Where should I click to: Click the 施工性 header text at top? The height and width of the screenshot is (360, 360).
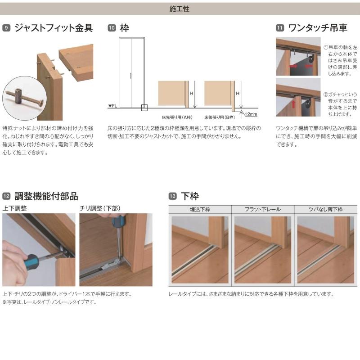180,9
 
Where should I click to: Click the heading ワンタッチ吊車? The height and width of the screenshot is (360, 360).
317,28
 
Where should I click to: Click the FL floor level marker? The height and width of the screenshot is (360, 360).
112,106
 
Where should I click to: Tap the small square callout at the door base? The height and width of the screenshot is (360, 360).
144,108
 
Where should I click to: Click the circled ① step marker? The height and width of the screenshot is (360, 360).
326,47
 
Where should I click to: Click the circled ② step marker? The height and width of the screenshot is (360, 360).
326,95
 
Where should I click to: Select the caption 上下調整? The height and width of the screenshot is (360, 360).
14,208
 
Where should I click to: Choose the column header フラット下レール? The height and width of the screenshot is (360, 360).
262,209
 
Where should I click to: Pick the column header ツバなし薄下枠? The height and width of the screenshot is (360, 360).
326,209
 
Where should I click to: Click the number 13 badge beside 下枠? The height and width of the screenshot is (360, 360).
172,196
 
